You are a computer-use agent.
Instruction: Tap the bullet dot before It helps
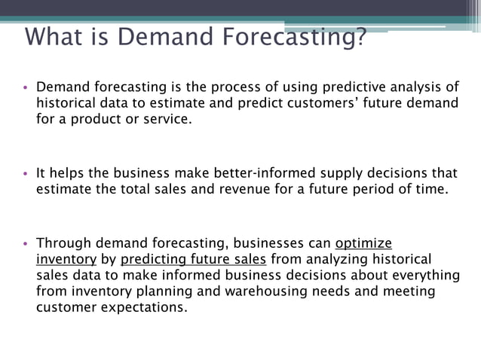pos(26,173)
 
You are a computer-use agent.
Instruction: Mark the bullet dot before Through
pos(26,244)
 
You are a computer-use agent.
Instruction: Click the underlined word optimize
pos(363,243)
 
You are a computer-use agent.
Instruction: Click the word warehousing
pos(269,291)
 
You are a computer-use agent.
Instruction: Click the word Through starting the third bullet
pos(63,243)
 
